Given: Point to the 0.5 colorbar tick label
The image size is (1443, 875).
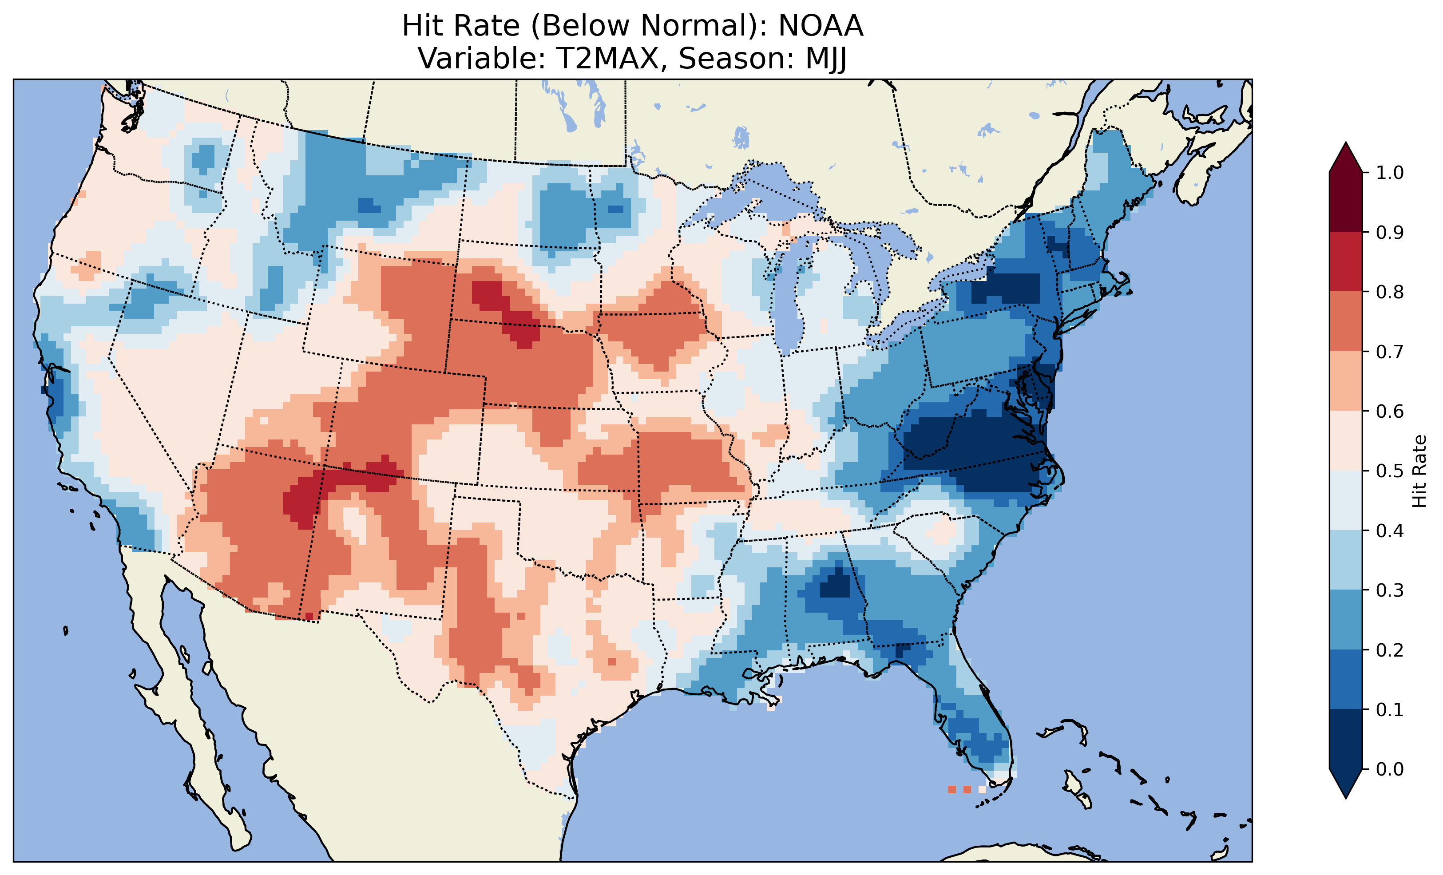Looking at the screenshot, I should click(1390, 471).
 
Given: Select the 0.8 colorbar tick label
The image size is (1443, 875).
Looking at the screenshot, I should click(1390, 292).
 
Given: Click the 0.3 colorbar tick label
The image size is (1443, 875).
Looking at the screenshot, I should click(1390, 590).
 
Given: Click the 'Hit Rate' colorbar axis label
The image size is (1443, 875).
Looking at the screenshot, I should click(1419, 471).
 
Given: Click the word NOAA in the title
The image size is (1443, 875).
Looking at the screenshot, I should click(821, 26).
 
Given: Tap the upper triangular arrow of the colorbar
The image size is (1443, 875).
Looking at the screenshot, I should click(1346, 157).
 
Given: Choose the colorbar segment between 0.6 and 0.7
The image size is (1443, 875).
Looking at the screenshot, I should click(1346, 381).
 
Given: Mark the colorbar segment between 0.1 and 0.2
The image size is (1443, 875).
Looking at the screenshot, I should click(1346, 679).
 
